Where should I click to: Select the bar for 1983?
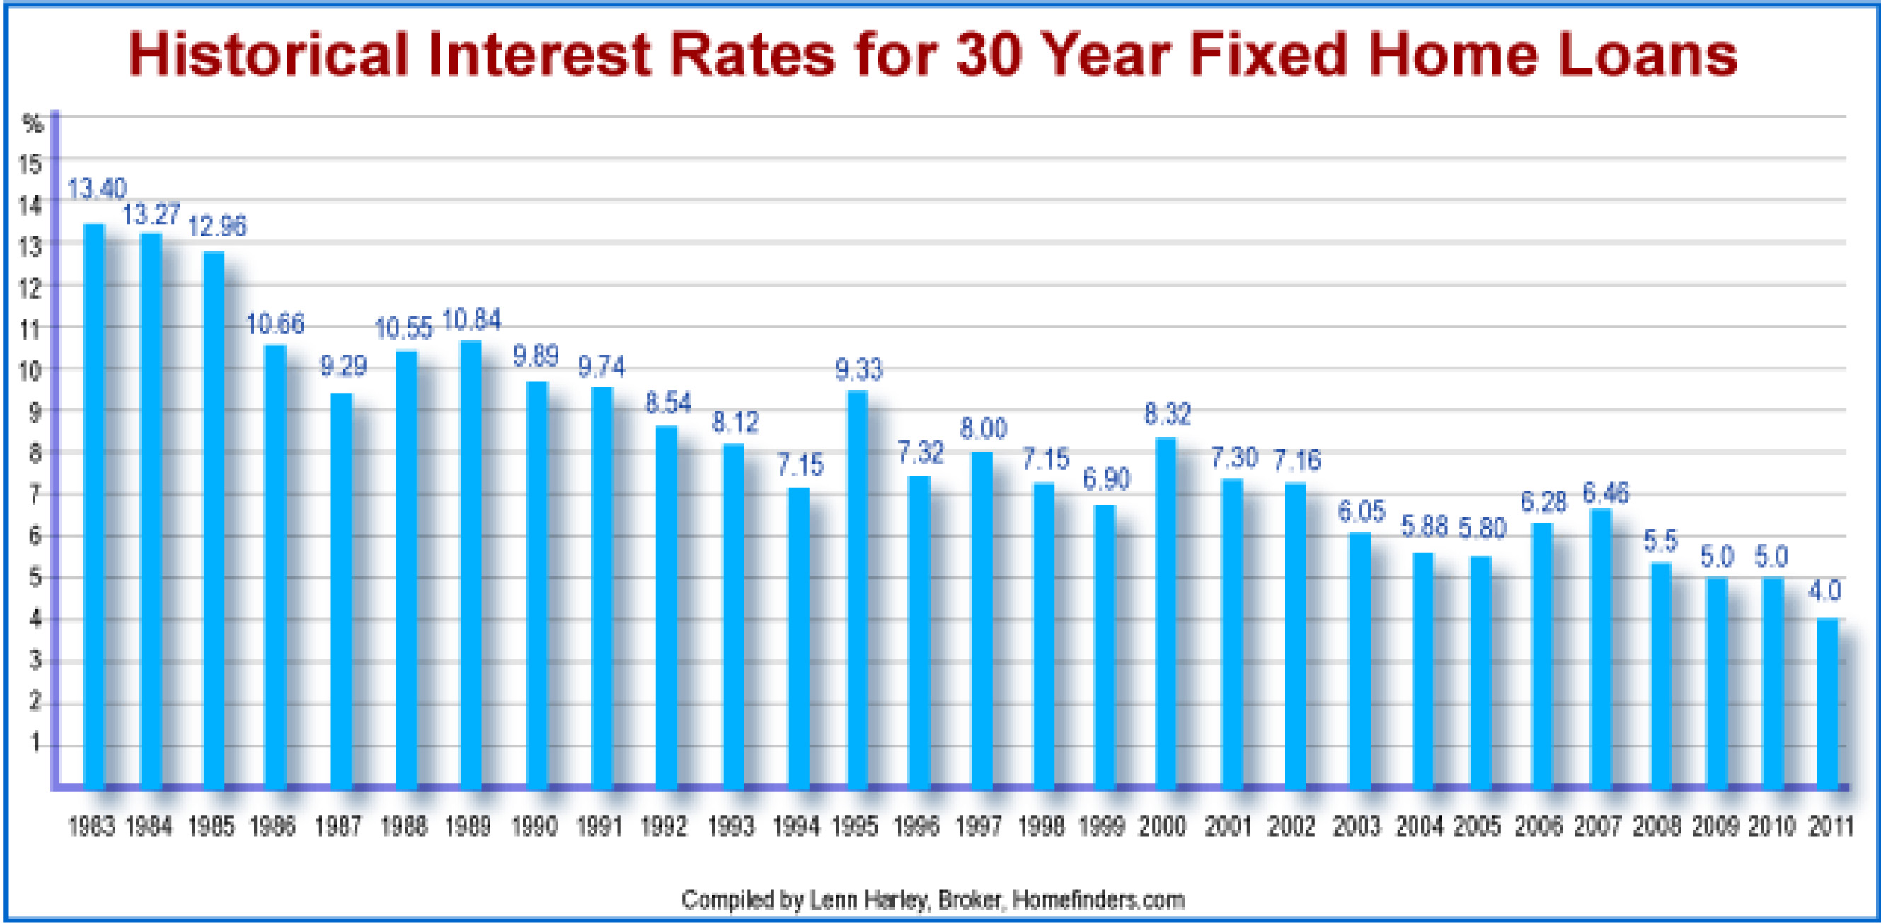pyautogui.click(x=94, y=507)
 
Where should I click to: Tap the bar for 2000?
pyautogui.click(x=1166, y=614)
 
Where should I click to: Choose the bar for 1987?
pyautogui.click(x=341, y=592)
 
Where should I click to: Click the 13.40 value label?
pyautogui.click(x=97, y=189)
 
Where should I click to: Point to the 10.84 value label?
pyautogui.click(x=472, y=320)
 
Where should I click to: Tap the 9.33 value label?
pyautogui.click(x=858, y=370)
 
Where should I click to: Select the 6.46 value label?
pyautogui.click(x=1605, y=493)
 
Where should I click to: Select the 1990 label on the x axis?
pyautogui.click(x=534, y=827)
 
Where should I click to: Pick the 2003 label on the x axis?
pyautogui.click(x=1356, y=827)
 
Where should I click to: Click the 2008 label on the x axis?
pyautogui.click(x=1657, y=827)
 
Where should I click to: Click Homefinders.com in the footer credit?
pyautogui.click(x=1098, y=900)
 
